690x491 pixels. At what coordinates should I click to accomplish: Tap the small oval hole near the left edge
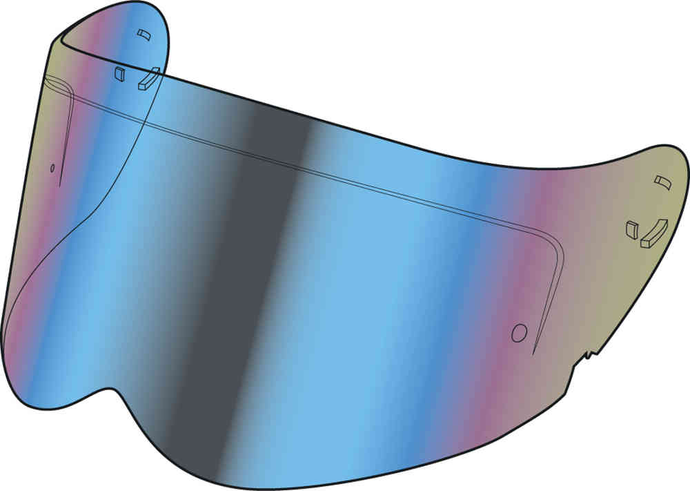52,167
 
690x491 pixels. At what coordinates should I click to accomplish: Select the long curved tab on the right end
654,233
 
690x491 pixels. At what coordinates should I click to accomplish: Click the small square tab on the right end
631,229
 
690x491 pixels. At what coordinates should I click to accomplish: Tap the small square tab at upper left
119,73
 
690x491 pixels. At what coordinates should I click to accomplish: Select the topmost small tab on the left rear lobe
143,35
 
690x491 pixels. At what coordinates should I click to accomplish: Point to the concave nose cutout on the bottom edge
103,387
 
